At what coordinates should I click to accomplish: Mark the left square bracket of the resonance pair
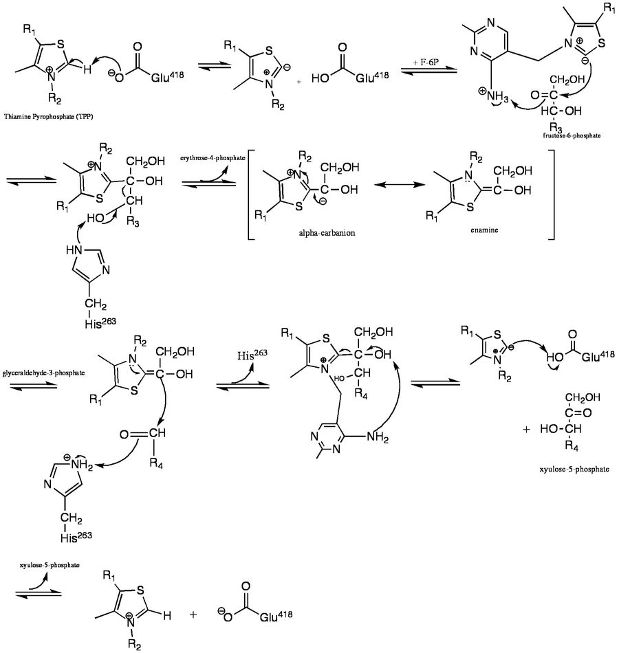coord(250,199)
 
